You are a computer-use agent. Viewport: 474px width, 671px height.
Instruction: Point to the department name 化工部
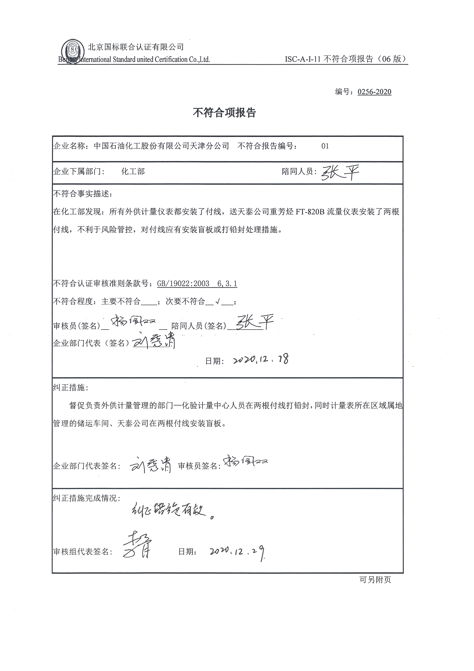tap(133, 172)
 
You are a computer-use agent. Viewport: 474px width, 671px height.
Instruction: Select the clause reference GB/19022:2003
tap(183, 283)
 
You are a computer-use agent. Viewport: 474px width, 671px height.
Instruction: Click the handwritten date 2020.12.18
tap(261, 360)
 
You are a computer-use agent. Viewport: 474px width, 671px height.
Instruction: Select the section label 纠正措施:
tap(70, 388)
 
